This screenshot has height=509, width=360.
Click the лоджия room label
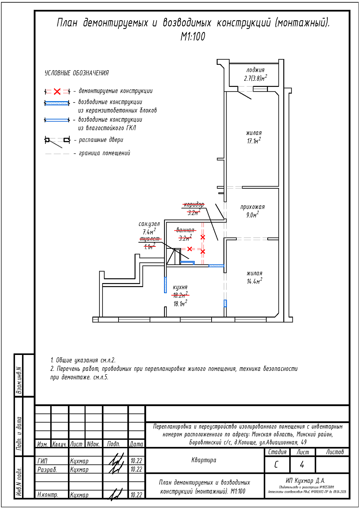pyautogui.click(x=255, y=70)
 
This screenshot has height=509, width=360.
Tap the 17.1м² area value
pyautogui.click(x=254, y=141)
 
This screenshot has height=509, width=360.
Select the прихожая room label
pyautogui.click(x=252, y=207)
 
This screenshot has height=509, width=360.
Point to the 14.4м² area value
pyautogui.click(x=254, y=281)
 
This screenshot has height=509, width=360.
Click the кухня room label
pyautogui.click(x=180, y=287)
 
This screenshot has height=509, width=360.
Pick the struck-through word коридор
pyautogui.click(x=194, y=204)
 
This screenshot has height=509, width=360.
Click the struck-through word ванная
pyautogui.click(x=185, y=230)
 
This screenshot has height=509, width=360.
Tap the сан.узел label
pyautogui.click(x=149, y=224)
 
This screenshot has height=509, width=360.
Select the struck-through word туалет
pyautogui.click(x=150, y=239)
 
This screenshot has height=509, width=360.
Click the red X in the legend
pyautogui.click(x=57, y=91)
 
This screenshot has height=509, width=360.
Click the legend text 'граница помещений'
pyautogui.click(x=104, y=153)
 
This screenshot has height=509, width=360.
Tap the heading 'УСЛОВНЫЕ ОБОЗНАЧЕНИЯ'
pyautogui.click(x=77, y=73)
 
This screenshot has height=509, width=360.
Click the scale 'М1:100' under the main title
pyautogui.click(x=193, y=36)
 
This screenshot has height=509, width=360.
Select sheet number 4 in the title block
pyautogui.click(x=302, y=465)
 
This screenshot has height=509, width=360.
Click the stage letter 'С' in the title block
pyautogui.click(x=276, y=465)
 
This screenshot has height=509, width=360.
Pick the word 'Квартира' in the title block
pyautogui.click(x=204, y=460)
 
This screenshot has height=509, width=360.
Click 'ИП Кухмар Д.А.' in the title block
pyautogui.click(x=305, y=480)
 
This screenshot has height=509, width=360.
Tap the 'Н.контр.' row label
pyautogui.click(x=48, y=495)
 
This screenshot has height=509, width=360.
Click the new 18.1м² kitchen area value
pyautogui.click(x=180, y=304)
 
